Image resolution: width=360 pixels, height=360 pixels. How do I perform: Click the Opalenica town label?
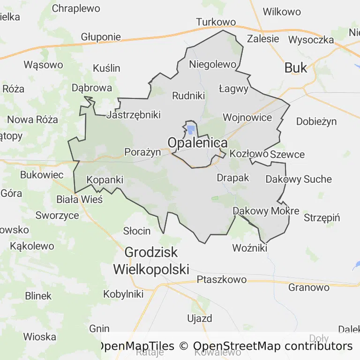(x=198, y=142)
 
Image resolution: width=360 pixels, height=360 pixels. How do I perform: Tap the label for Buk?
(x=296, y=68)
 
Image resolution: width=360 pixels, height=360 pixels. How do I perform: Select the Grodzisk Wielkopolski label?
(x=151, y=261)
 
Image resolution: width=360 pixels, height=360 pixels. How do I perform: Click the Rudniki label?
(x=189, y=96)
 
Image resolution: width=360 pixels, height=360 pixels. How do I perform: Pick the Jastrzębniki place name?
(x=134, y=115)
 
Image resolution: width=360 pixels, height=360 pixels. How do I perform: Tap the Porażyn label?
(x=142, y=152)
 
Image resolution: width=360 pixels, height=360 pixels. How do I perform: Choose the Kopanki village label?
(x=105, y=180)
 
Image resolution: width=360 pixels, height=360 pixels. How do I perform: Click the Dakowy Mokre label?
(x=266, y=211)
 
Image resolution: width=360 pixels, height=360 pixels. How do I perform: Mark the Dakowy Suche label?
(x=299, y=179)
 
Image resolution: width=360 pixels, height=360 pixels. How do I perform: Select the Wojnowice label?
(x=247, y=117)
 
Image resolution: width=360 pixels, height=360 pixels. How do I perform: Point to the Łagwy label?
(x=233, y=88)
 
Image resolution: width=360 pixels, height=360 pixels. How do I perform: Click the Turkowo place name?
(x=216, y=22)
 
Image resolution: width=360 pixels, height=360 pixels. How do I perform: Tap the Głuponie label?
(x=101, y=37)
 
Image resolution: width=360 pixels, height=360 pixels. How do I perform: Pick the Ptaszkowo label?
(x=222, y=280)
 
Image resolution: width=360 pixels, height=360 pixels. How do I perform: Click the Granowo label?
(x=309, y=287)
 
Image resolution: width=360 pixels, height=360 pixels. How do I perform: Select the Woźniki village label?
(x=250, y=247)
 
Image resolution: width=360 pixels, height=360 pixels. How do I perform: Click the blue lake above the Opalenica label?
(x=191, y=129)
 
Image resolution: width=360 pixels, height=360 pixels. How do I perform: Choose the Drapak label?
(x=233, y=178)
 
